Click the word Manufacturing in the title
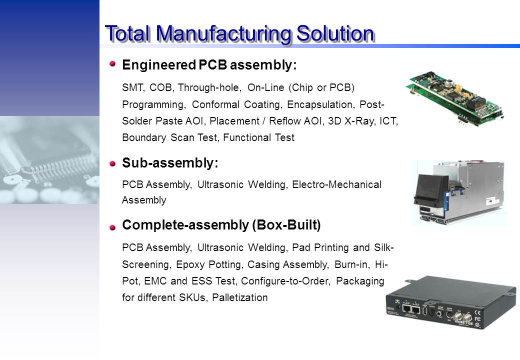coord(224,34)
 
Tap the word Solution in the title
coord(335,33)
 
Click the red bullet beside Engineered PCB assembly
coord(113,63)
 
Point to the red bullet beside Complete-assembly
coord(113,227)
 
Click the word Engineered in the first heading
coord(159,65)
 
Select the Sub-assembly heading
coord(170,163)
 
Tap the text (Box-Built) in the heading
coord(286,225)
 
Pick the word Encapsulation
coord(319,105)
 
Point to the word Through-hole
coord(208,88)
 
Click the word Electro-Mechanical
coord(336,184)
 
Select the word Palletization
coord(240,297)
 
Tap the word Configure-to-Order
coord(285,281)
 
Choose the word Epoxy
coord(190,265)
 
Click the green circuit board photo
coord(455,98)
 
